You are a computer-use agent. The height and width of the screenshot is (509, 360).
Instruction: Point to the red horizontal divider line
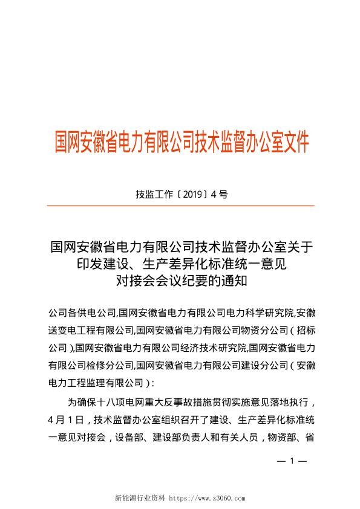coord(180,206)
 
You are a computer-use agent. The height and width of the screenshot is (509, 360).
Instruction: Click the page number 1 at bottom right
coord(292,461)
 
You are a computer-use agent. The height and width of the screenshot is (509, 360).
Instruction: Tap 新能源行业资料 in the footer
coord(140,499)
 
